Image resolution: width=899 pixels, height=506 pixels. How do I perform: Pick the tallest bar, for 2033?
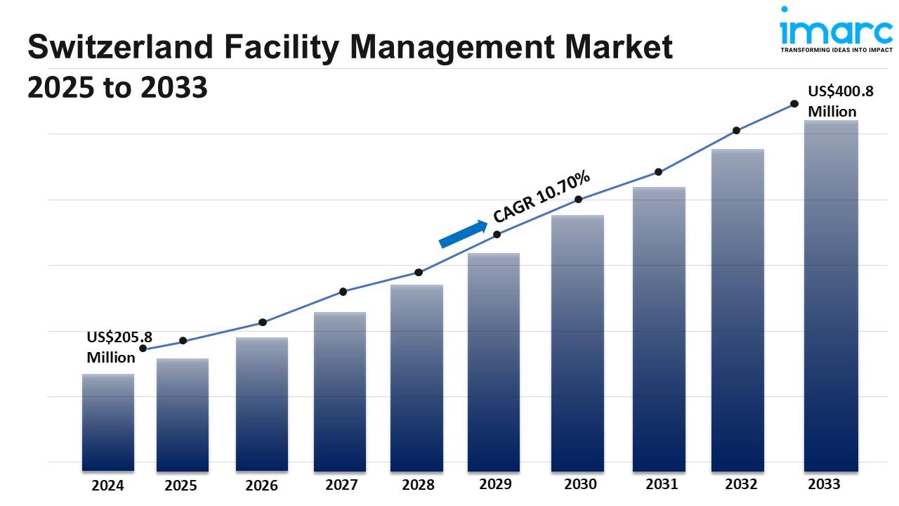point(831,295)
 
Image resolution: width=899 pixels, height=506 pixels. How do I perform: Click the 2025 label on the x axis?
point(181,486)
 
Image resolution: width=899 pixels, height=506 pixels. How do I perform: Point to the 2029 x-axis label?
point(496,484)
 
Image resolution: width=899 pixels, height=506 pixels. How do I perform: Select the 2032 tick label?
point(741,484)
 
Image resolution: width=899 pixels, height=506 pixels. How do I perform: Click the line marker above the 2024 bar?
point(143,348)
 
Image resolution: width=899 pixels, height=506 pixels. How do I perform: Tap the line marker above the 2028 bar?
point(419,272)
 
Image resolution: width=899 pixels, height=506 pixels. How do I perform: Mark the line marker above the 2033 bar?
point(794,103)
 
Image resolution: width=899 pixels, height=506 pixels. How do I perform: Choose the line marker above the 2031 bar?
point(658,171)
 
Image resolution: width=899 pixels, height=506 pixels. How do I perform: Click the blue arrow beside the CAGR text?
point(463,233)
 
